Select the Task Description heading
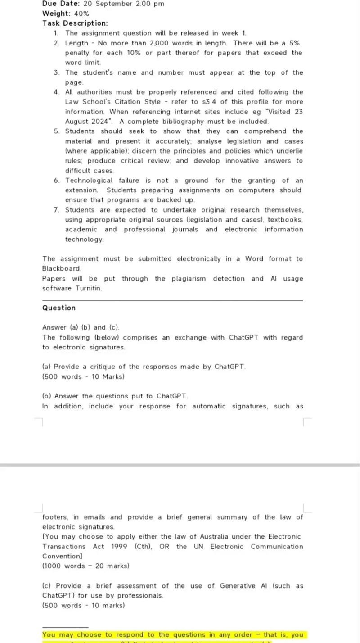[75, 23]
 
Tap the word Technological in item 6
[89, 181]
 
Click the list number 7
[56, 210]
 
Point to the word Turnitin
[89, 288]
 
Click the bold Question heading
[59, 308]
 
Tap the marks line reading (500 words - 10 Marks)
[83, 376]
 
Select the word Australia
[231, 537]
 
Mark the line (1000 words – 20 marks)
[85, 566]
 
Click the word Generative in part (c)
[238, 586]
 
